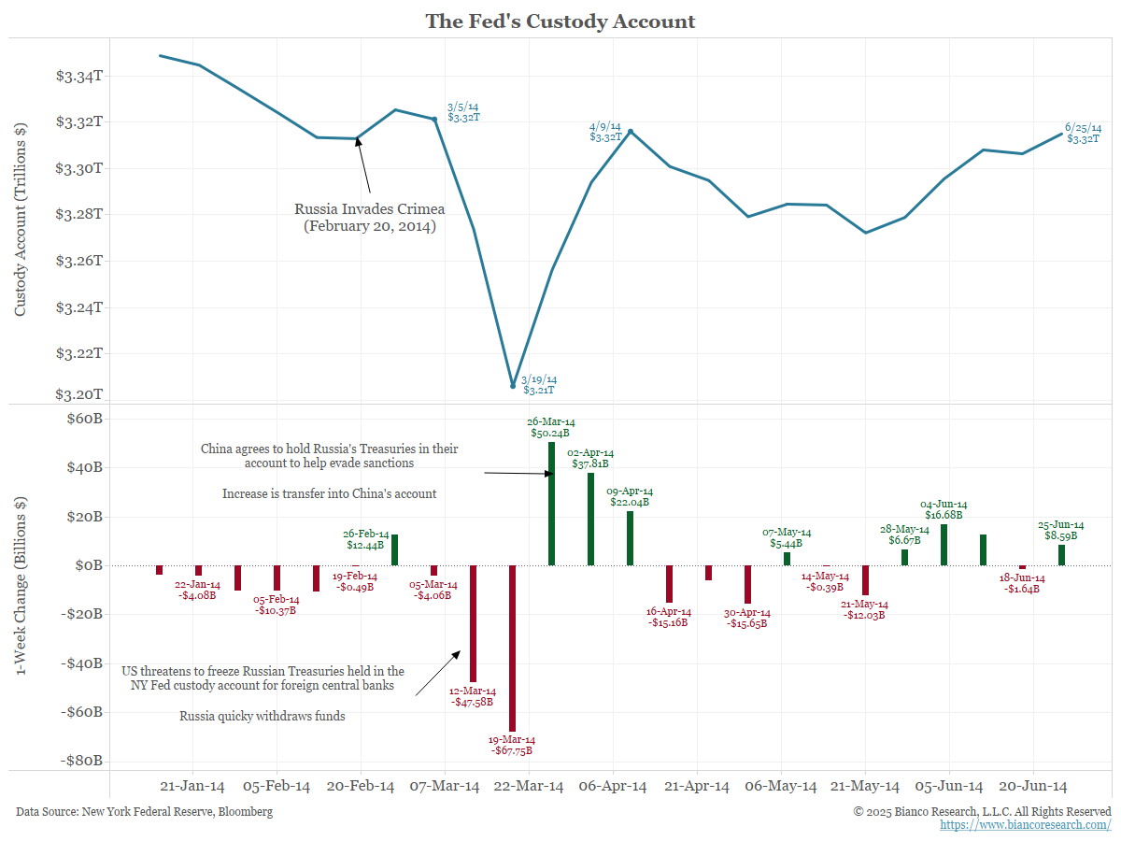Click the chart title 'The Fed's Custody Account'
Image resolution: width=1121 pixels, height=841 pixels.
(x=560, y=21)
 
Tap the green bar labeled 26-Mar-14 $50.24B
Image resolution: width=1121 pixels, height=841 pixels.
(x=551, y=504)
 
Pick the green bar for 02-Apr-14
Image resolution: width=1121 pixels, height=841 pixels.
(x=590, y=519)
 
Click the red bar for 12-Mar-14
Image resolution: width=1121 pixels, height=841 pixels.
(x=473, y=623)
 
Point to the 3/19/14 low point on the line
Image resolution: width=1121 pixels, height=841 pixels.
(x=513, y=385)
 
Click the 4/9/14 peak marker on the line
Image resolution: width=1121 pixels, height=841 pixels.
(x=631, y=132)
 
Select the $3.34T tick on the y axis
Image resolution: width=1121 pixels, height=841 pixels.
(x=78, y=76)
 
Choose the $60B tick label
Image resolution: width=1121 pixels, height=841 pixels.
(x=81, y=419)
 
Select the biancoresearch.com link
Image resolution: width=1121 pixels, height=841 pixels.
(x=1025, y=825)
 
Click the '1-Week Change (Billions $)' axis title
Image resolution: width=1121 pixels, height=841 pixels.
(x=21, y=587)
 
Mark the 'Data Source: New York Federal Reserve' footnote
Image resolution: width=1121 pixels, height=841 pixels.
(x=145, y=812)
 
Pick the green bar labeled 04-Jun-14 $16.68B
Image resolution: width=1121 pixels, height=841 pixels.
(x=944, y=545)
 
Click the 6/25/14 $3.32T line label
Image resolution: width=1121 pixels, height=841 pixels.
(x=1082, y=133)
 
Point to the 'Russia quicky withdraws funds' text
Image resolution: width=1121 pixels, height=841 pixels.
(x=263, y=717)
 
